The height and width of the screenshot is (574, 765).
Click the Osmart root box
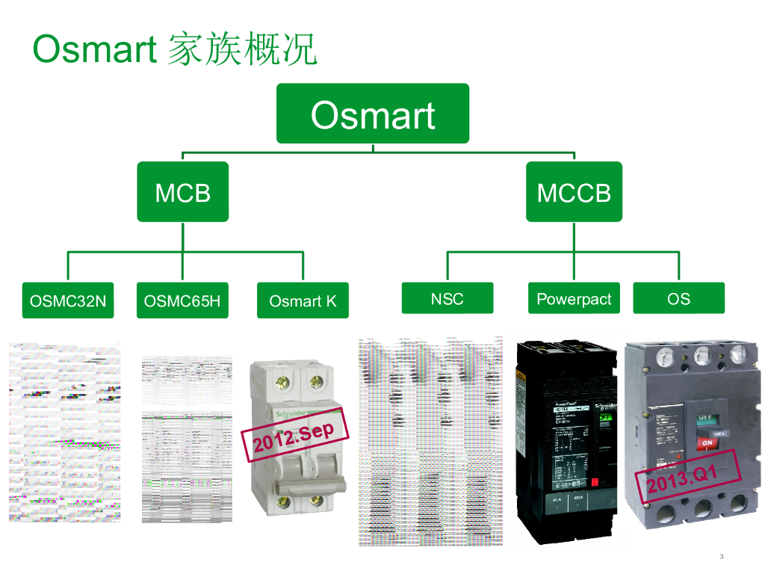(373, 114)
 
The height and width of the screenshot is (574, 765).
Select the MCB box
(183, 192)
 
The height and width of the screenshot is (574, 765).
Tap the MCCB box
(574, 192)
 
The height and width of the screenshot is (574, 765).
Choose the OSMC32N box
(68, 300)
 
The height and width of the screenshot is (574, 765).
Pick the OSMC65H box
(182, 300)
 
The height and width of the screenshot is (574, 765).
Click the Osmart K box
(303, 300)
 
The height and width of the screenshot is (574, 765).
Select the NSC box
(447, 298)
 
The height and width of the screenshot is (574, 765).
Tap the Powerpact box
(574, 298)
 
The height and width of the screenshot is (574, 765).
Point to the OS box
(678, 298)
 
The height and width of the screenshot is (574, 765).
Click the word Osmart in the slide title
(94, 49)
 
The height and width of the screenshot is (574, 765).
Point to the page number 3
(721, 556)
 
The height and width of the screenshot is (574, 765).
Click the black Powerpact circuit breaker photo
(568, 441)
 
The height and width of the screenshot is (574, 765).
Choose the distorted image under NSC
(430, 441)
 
